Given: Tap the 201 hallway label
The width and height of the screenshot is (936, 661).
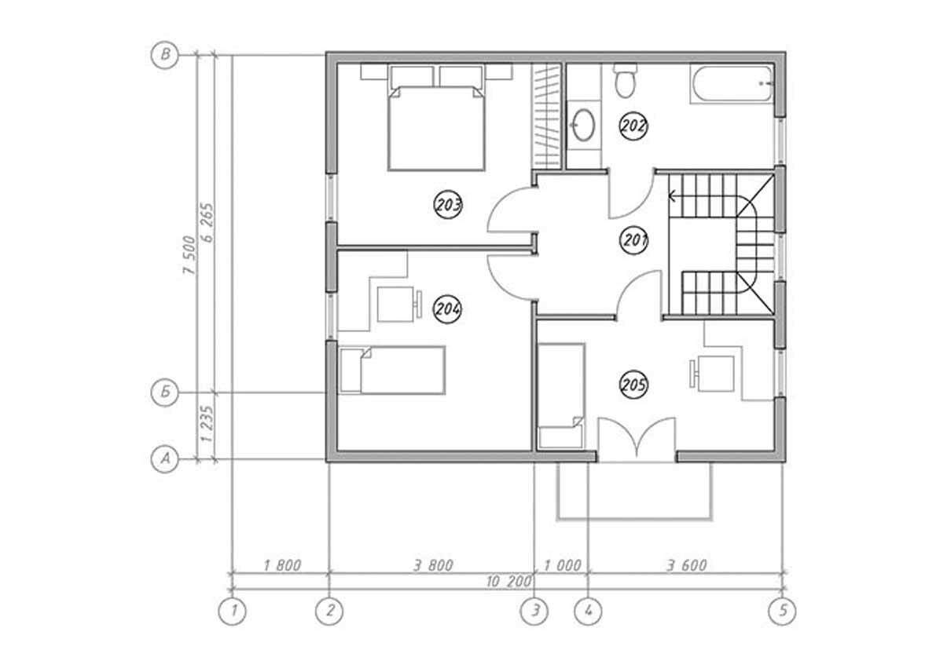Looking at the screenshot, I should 633,239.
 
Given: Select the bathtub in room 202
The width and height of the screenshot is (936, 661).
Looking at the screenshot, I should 731,84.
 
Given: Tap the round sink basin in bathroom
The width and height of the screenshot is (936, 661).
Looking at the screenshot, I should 583,125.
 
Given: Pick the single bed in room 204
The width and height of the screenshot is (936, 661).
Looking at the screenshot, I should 393,370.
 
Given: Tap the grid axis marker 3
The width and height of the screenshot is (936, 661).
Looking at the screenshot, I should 534,610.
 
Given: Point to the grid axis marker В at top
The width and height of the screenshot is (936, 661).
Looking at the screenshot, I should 164,55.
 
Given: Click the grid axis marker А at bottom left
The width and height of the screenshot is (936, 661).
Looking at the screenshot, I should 164,458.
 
